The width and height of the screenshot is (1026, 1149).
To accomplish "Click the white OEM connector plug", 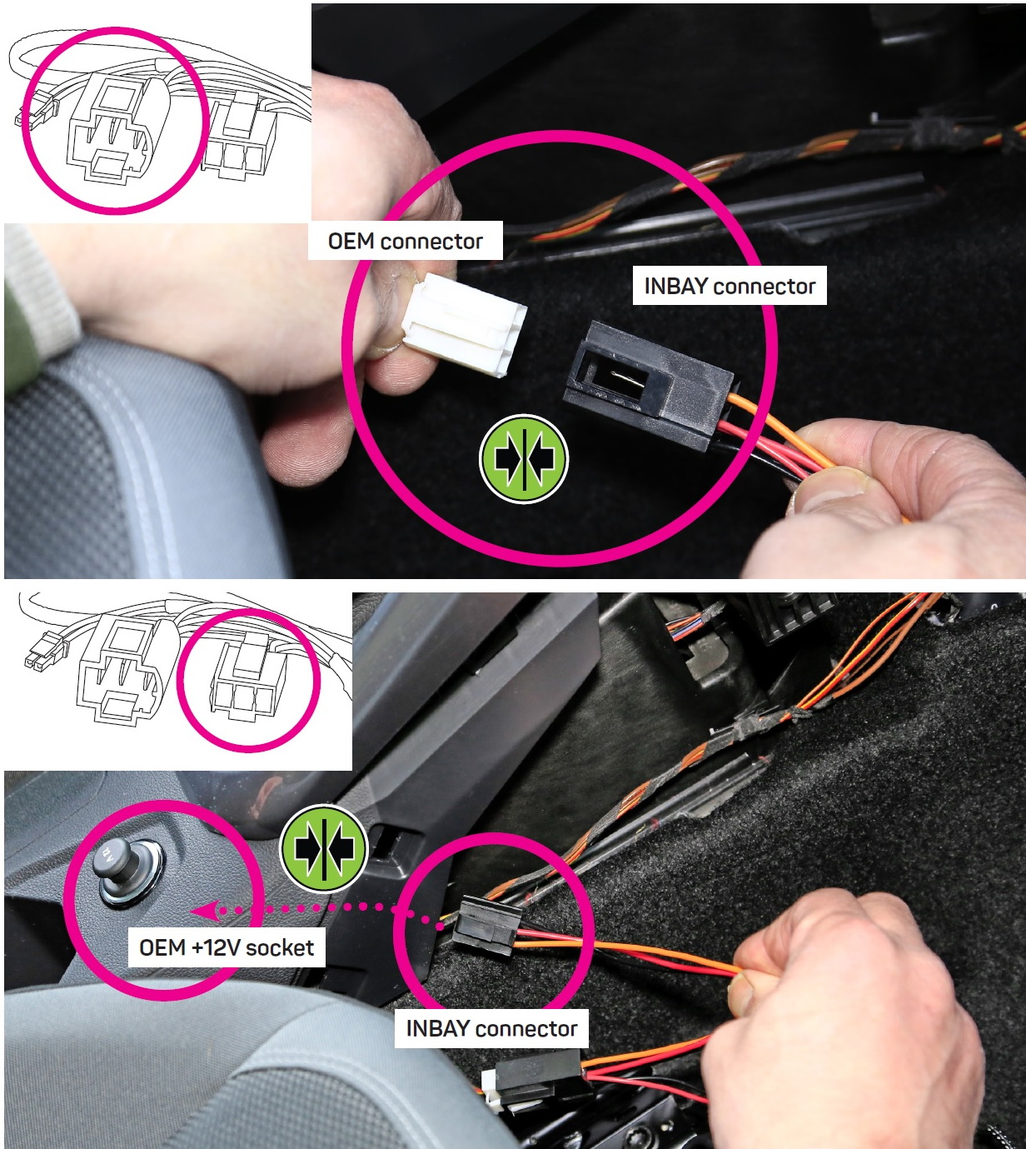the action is [x=464, y=323].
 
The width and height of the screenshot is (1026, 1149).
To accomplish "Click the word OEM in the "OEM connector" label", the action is [x=351, y=242].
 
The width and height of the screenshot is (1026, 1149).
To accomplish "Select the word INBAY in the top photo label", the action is [x=675, y=287].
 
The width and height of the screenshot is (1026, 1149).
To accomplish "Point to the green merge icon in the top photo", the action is [x=523, y=458].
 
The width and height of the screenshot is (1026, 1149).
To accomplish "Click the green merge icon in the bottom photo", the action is [x=324, y=848].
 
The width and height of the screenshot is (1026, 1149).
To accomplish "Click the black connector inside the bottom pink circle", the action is [x=486, y=926].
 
